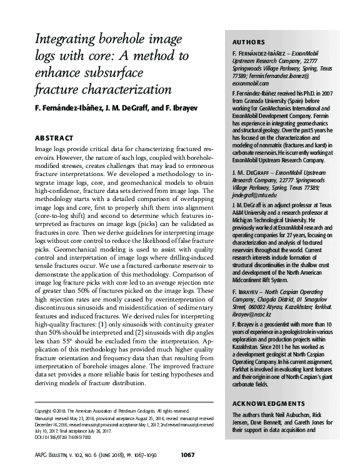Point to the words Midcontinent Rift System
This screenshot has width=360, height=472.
point(262,262)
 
